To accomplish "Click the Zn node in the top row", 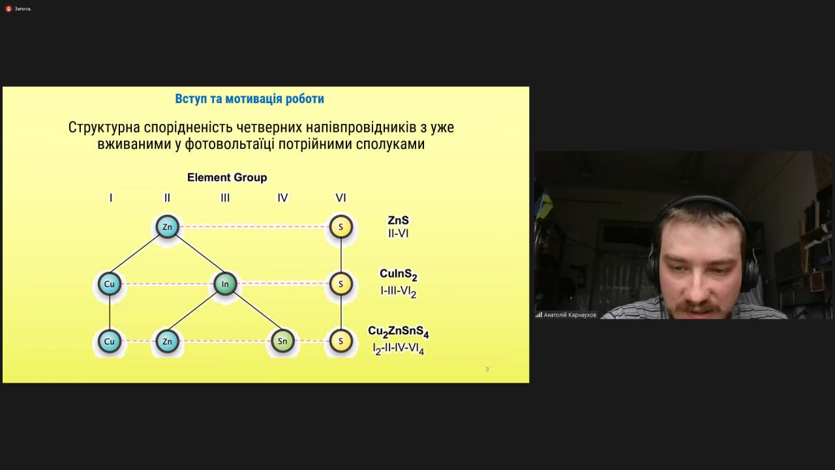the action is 167,227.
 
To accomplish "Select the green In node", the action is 225,284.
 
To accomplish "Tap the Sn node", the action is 282,341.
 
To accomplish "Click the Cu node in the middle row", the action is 109,284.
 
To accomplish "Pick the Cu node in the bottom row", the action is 109,341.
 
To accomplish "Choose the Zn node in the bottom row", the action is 167,341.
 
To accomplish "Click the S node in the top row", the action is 341,227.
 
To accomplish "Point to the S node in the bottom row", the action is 341,341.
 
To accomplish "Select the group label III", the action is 225,198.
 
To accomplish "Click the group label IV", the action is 282,198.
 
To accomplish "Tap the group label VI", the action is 341,198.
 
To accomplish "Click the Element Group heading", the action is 227,178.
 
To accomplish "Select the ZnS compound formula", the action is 398,221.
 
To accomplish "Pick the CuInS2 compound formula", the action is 398,275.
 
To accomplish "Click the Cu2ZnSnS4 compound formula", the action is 398,332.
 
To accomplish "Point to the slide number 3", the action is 487,369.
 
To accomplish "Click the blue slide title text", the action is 249,99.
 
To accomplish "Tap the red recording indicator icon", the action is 8,8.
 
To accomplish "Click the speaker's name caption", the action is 569,315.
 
